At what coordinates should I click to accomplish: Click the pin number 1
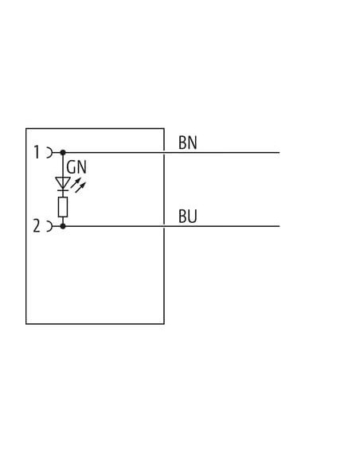pos(37,152)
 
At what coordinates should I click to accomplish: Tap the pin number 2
pos(37,226)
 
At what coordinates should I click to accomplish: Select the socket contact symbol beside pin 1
pos(50,153)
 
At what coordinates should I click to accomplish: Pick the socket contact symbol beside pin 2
pos(50,226)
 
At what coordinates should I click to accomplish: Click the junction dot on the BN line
pos(63,152)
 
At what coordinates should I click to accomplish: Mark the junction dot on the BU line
pos(63,226)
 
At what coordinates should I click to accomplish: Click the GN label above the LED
pos(76,167)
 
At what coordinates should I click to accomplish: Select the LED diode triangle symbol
pos(63,183)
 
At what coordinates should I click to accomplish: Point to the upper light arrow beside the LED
pos(76,182)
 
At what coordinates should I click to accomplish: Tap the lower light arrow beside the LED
pos(80,187)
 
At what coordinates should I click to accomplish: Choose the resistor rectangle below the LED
pos(63,207)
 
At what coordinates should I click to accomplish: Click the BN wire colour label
pos(188,143)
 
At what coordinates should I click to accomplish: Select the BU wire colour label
pos(188,217)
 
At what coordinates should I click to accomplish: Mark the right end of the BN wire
pos(280,153)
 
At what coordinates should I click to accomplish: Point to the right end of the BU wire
pos(280,226)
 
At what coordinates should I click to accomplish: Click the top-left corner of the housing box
pos(26,129)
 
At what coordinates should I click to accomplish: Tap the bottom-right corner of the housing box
pos(164,324)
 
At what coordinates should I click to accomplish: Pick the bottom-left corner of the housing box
pos(26,324)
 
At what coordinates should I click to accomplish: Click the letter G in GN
pos(71,167)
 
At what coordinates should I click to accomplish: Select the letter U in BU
pos(193,217)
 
